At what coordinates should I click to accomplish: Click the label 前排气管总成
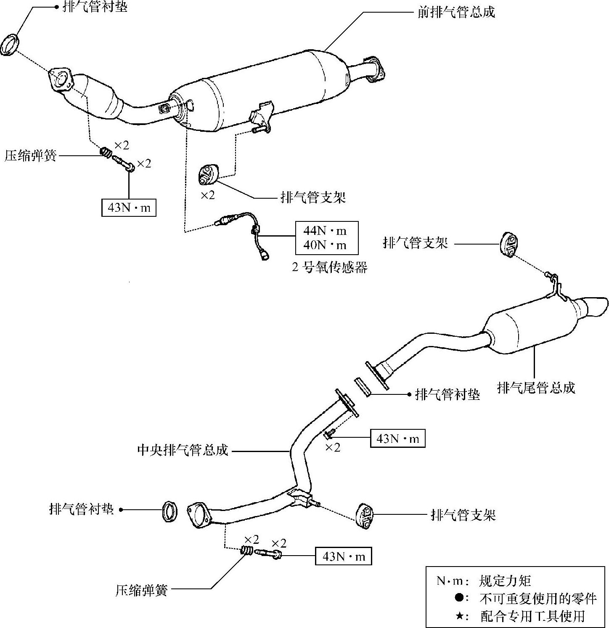pos(456,12)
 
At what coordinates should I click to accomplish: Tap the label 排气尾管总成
pos(536,387)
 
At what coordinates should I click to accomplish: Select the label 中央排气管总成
pos(183,450)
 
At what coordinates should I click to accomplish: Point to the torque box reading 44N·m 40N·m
pos(327,237)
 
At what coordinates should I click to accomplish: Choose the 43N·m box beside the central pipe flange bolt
pos(397,438)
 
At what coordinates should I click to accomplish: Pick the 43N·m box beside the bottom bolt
pos(344,556)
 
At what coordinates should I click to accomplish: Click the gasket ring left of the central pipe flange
pos(169,511)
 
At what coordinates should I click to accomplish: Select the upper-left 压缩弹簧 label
pos(30,156)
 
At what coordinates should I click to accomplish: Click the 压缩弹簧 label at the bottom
pos(141,590)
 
